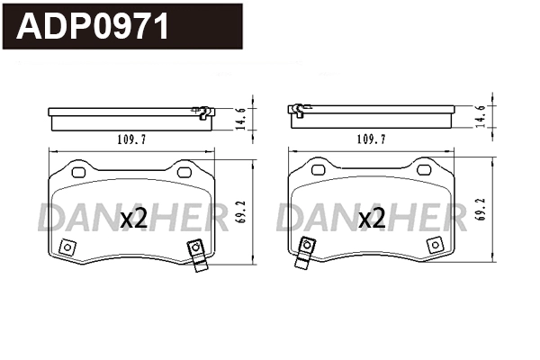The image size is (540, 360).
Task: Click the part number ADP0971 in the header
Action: (x=94, y=26)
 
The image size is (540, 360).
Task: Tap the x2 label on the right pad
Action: (x=372, y=218)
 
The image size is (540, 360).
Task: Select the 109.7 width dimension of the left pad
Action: (x=132, y=139)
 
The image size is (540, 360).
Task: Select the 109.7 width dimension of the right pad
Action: (x=371, y=139)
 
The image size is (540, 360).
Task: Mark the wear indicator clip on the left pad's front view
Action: (x=195, y=253)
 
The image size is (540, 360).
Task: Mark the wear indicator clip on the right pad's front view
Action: (x=308, y=251)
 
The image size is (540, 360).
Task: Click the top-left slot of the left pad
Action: (x=77, y=171)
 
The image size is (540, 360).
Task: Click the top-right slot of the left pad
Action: (x=185, y=170)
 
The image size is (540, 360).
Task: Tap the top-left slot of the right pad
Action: (x=316, y=168)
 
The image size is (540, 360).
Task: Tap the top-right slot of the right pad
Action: (x=424, y=168)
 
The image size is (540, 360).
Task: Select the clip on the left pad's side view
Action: (x=202, y=112)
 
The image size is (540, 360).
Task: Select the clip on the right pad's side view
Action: (x=297, y=110)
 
